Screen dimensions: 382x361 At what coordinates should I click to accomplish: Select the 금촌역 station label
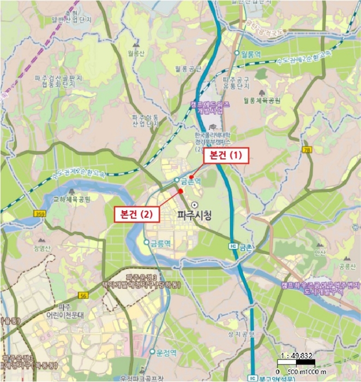(x=190, y=180)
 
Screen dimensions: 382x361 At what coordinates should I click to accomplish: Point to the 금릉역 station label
(x=160, y=242)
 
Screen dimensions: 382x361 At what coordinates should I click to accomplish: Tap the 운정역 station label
(x=166, y=353)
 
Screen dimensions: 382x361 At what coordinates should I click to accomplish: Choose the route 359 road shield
(x=39, y=213)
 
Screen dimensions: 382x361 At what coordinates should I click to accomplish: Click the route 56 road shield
(x=83, y=295)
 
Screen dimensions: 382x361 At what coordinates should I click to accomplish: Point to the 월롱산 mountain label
(x=135, y=53)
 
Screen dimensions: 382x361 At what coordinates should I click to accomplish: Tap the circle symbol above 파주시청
(x=195, y=204)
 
